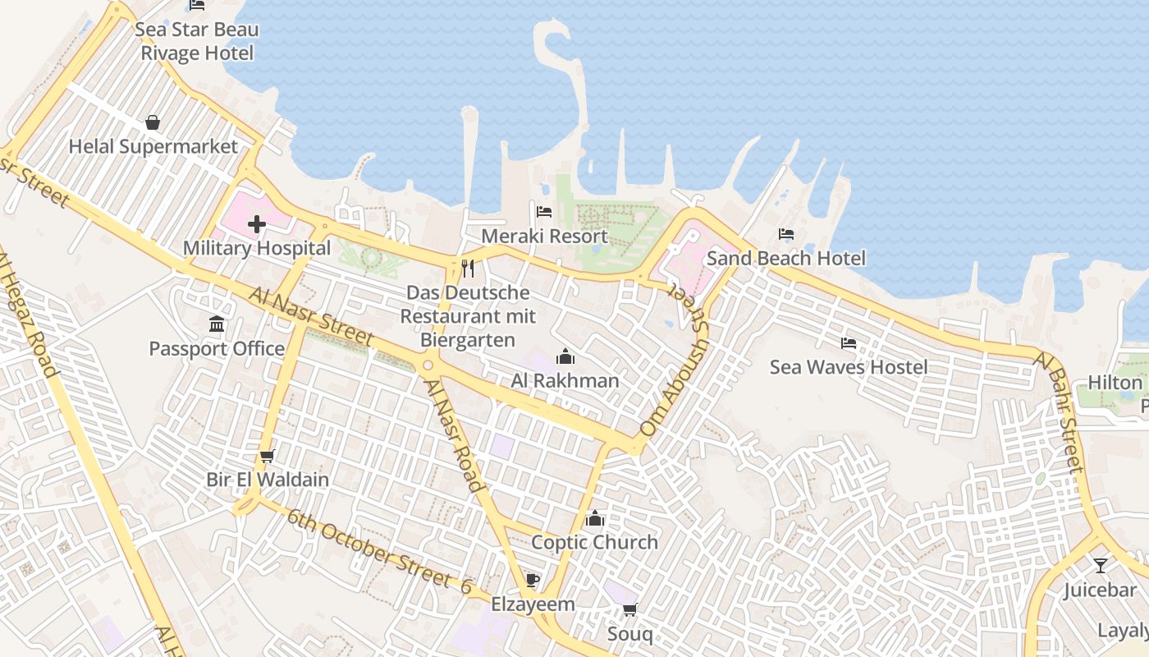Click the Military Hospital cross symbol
(257, 223)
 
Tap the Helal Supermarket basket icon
(153, 123)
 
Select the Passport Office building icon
(217, 324)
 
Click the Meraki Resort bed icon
(543, 212)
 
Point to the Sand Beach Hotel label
(785, 259)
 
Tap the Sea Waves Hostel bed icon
(849, 343)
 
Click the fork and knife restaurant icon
(468, 268)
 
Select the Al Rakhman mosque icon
(565, 357)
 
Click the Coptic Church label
(594, 542)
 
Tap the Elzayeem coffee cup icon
(533, 581)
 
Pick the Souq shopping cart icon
(629, 609)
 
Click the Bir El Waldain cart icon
(267, 456)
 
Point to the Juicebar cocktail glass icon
(1100, 566)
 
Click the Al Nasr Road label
(453, 434)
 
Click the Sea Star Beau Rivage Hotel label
(197, 42)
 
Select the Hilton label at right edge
(1115, 383)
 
